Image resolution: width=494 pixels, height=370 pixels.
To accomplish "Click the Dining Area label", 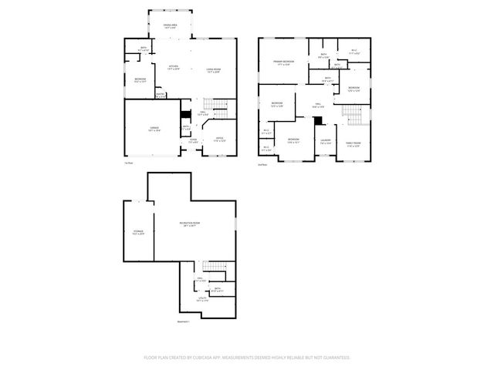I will (171, 26).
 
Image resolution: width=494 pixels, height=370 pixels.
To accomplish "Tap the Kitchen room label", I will (174, 67).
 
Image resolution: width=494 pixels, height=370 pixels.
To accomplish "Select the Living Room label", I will (213, 71).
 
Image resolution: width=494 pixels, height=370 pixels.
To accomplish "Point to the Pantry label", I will (161, 94).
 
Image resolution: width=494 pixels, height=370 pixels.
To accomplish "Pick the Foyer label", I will (193, 140).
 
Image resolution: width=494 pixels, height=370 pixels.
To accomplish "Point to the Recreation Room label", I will (188, 224).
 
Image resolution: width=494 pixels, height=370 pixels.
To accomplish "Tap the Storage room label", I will (137, 231).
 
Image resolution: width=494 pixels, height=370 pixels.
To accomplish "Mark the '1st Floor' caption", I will (129, 163).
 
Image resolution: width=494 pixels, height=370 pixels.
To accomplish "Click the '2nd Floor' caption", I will (262, 163).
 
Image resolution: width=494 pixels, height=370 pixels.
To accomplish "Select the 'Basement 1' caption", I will (183, 321).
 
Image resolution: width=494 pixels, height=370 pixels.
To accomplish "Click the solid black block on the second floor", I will (318, 120).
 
